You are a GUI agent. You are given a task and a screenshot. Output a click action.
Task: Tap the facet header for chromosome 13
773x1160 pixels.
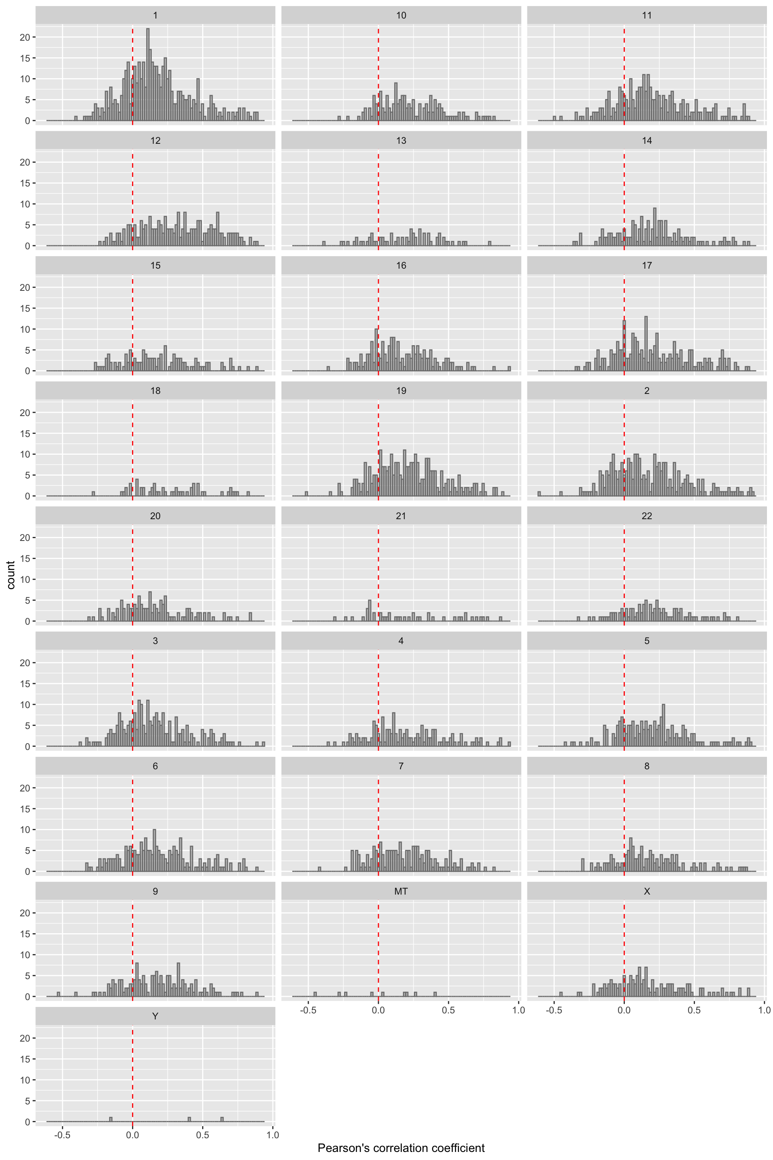point(401,141)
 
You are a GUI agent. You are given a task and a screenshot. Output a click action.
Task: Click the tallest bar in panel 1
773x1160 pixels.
point(148,74)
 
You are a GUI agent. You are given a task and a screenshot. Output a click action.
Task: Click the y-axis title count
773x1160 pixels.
point(11,575)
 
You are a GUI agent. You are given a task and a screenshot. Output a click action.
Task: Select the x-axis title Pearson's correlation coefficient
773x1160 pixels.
point(401,1148)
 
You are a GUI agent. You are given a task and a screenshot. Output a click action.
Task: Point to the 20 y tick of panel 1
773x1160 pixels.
point(25,37)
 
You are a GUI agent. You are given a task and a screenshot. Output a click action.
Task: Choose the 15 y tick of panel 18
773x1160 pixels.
point(25,433)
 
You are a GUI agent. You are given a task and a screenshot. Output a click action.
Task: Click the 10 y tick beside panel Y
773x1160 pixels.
point(25,1079)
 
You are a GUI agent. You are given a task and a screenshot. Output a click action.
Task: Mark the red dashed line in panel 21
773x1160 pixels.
point(378,572)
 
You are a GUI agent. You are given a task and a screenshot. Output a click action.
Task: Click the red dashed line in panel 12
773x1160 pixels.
point(132,197)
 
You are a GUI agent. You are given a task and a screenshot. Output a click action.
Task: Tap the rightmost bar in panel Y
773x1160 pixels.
point(222,1119)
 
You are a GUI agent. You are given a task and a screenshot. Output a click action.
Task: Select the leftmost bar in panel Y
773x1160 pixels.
point(110,1119)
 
